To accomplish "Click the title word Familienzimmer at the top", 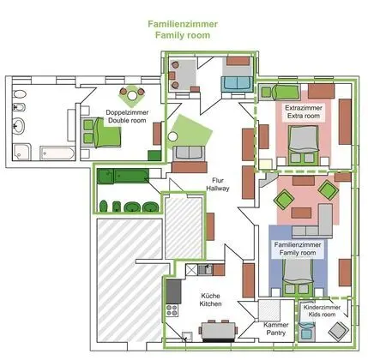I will (x=182, y=26).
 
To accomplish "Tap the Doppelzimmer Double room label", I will (x=124, y=117).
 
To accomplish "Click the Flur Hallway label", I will (x=215, y=185).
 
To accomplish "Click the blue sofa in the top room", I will (x=235, y=83).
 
